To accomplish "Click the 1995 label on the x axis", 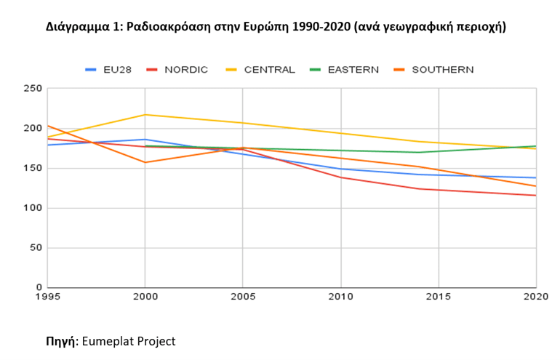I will click(x=46, y=297).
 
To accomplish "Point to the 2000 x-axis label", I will click(x=145, y=297).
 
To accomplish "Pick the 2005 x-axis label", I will click(x=242, y=297).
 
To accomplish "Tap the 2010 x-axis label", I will click(x=340, y=297).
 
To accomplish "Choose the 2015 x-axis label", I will click(x=439, y=297).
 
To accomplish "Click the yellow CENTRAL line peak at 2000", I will click(x=145, y=115).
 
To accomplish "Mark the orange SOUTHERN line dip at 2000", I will click(x=145, y=162).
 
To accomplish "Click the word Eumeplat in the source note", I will click(x=108, y=340).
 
